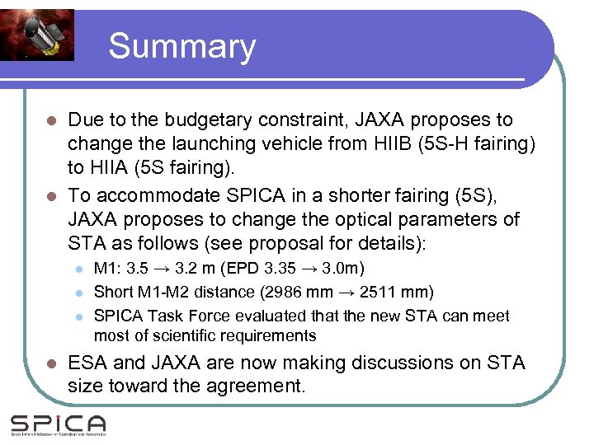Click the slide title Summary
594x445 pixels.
tap(181, 46)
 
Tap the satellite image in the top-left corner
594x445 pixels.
tap(37, 35)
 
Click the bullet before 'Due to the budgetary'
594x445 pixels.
tap(50, 121)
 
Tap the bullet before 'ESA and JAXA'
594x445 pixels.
tap(50, 363)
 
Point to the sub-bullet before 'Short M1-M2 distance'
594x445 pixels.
tap(78, 293)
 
